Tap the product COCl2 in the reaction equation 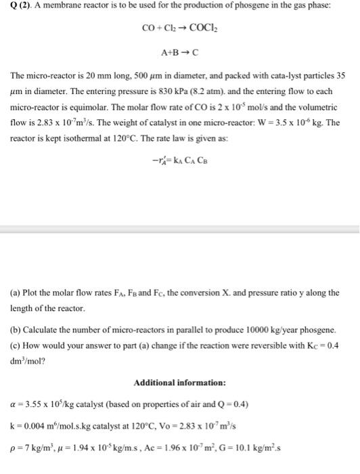point(204,28)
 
